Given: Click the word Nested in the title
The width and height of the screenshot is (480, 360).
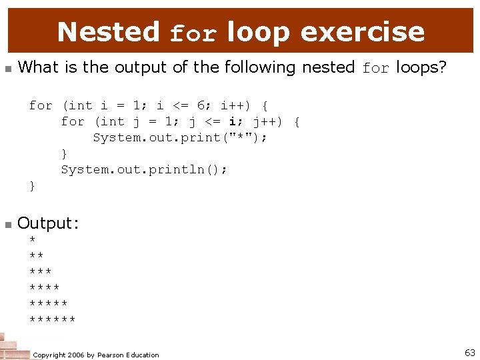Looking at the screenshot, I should coord(108,31).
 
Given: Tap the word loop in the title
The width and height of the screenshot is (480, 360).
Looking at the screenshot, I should coord(259,31).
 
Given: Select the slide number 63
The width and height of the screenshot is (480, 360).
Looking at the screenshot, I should coord(469,353).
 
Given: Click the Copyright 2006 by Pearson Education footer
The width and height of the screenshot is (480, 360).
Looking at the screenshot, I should coord(96,355).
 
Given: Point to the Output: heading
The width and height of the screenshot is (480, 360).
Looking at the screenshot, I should coord(48,223).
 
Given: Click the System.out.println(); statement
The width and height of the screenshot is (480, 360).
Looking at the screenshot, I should coord(144,169).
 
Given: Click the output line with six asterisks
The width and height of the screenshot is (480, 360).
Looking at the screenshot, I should coord(53,320).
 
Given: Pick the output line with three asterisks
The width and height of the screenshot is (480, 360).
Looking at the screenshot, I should coord(41,272).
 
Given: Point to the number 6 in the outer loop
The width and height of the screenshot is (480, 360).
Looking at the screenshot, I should coord(200,105).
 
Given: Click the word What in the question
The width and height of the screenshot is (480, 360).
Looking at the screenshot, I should coord(37,67).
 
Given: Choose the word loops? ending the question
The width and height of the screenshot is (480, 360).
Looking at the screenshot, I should coord(421,67).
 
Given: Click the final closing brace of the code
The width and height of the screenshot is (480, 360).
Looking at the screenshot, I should coord(33,186).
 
